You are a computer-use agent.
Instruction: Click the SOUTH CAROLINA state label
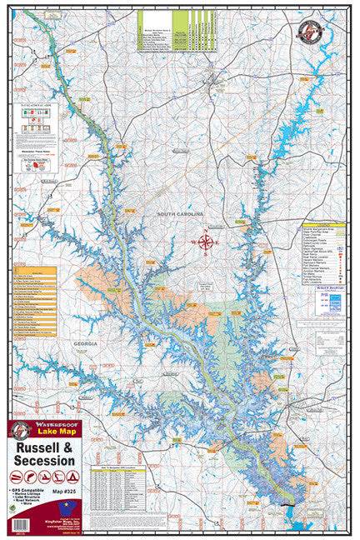coord(184,215)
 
